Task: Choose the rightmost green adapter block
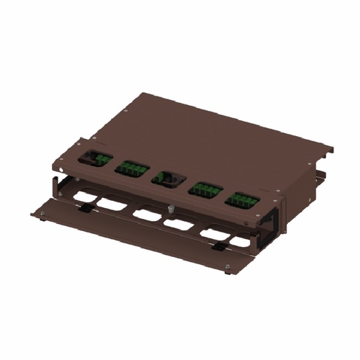[x=243, y=200]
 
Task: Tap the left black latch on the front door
[x=85, y=207]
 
